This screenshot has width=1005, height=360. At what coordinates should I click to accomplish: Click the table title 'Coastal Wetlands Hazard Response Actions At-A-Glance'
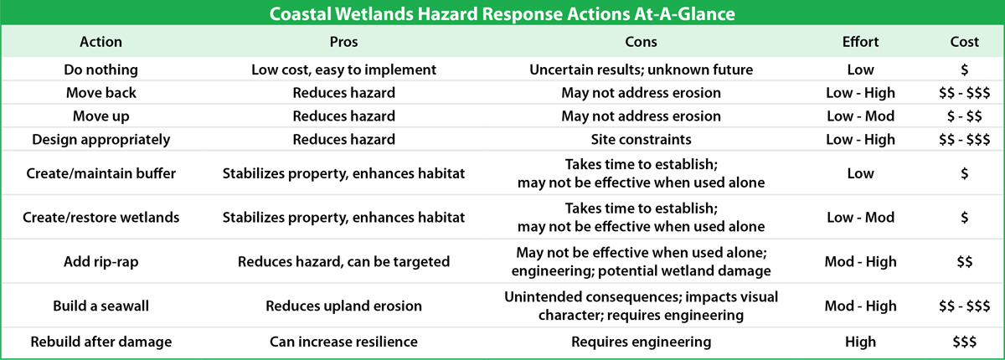pos(502,14)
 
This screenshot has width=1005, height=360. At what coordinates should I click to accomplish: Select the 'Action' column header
pos(101,42)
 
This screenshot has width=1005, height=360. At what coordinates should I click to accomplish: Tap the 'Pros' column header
pos(343,42)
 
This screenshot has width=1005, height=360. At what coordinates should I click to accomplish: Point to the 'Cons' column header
pos(641,42)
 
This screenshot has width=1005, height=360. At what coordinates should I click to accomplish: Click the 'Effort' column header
pos(861,42)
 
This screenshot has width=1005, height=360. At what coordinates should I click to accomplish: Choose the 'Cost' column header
pos(964,42)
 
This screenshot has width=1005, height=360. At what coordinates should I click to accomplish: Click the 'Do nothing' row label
pos(101,69)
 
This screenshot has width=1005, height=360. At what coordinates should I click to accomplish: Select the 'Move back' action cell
pos(101,93)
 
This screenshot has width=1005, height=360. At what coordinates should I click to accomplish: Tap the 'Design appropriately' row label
pos(101,140)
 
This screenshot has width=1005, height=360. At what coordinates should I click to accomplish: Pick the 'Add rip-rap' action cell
pos(101,261)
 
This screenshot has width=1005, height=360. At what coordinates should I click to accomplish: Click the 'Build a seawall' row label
pos(101,306)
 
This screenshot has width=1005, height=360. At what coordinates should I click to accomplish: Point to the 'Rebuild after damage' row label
pos(101,342)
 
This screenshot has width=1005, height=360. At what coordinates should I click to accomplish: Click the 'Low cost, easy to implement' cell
pos(343,69)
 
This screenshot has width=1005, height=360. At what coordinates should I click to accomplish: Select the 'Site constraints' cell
pos(641,140)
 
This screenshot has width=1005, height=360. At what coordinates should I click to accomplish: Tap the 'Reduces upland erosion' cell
pos(343,306)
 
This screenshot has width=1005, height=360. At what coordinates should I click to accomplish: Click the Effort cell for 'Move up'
pos(861,116)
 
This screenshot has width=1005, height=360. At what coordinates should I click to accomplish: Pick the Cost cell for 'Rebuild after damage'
pos(964,342)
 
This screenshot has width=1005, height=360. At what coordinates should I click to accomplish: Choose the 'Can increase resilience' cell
pos(343,342)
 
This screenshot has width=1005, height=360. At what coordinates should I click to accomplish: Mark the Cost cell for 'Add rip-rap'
pos(964,261)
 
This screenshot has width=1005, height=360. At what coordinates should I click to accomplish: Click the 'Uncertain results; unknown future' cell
pos(641,69)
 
